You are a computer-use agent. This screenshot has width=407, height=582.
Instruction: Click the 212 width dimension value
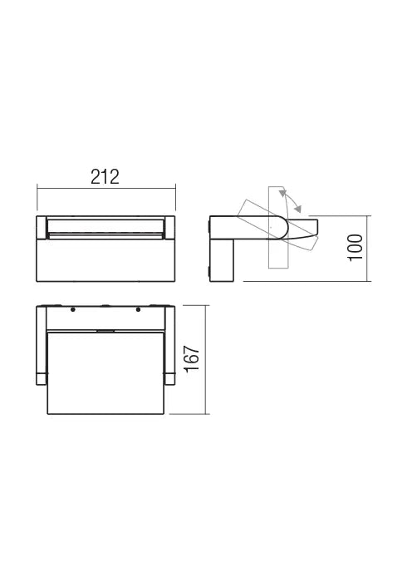105,177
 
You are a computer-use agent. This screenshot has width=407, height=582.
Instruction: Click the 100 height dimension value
356,248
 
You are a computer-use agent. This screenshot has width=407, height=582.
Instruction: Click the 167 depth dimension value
192,359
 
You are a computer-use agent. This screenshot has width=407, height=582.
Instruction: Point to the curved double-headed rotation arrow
292,200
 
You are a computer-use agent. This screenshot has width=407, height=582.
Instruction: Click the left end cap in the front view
42,226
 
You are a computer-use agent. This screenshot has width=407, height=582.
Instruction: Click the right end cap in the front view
169,226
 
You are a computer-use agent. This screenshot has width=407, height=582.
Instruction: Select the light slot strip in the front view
105,225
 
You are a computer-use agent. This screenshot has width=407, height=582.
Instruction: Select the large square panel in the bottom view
105,370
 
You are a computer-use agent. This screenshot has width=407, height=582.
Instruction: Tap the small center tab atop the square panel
105,330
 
